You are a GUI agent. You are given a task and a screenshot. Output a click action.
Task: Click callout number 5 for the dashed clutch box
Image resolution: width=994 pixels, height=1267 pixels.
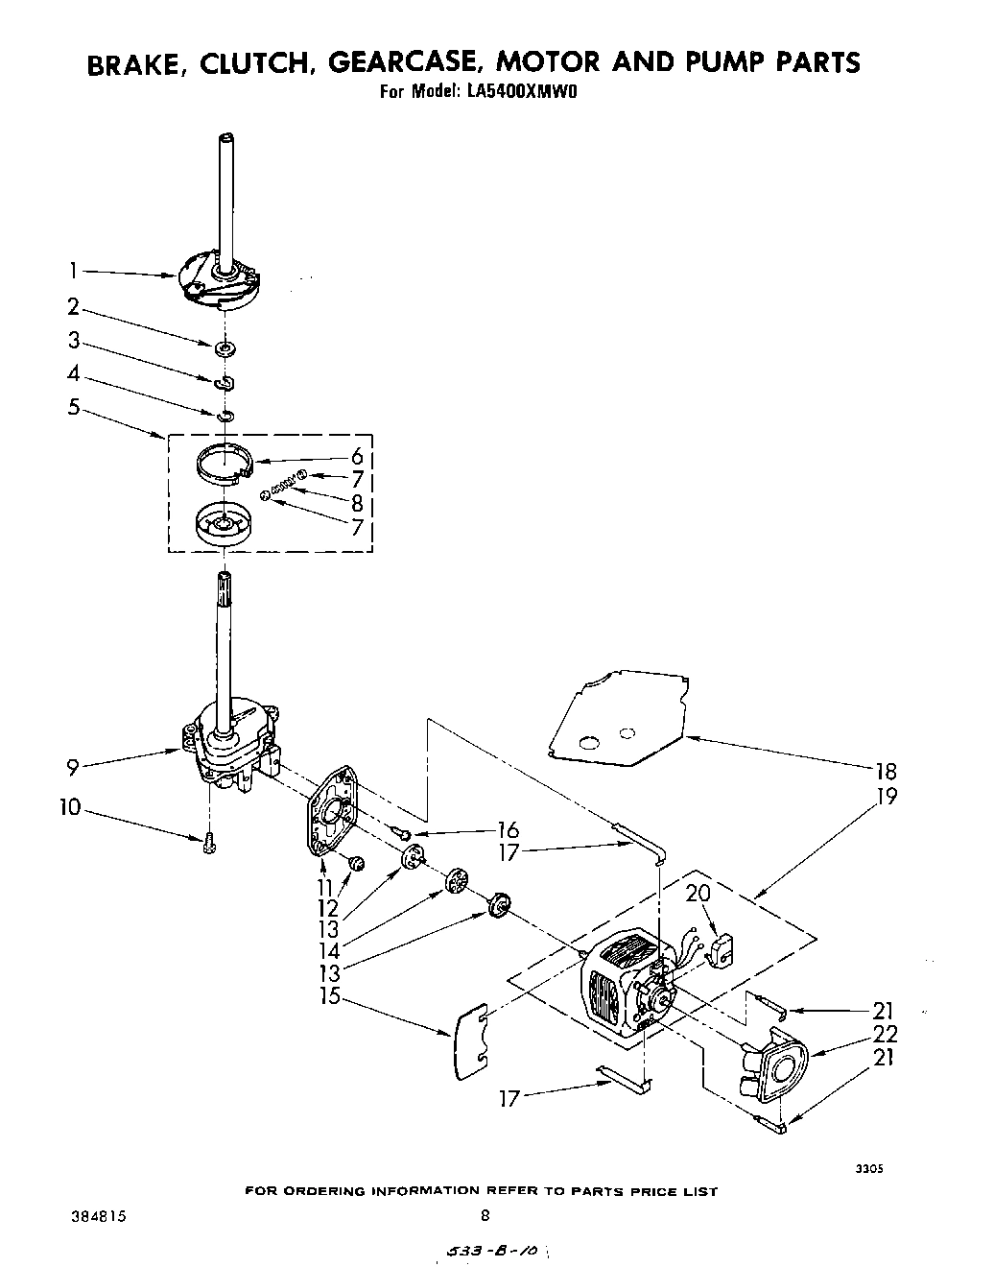pos(74,407)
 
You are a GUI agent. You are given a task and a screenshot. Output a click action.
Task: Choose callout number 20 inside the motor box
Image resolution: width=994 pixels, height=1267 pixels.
pos(698,895)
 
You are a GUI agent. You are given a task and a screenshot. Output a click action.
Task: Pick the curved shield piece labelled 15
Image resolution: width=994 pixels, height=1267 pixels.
pos(470,1039)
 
